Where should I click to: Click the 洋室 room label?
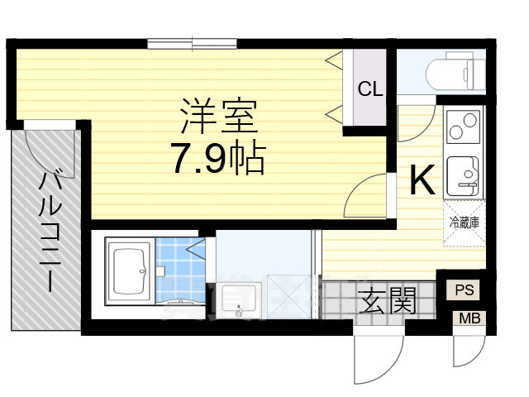[x=219, y=116]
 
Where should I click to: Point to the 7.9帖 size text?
[x=217, y=159]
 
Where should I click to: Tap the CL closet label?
[x=369, y=89]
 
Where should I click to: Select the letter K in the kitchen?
[x=422, y=180]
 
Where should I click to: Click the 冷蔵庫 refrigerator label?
[x=465, y=222]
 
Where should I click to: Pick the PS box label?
[x=464, y=289]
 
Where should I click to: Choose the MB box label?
[x=468, y=318]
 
